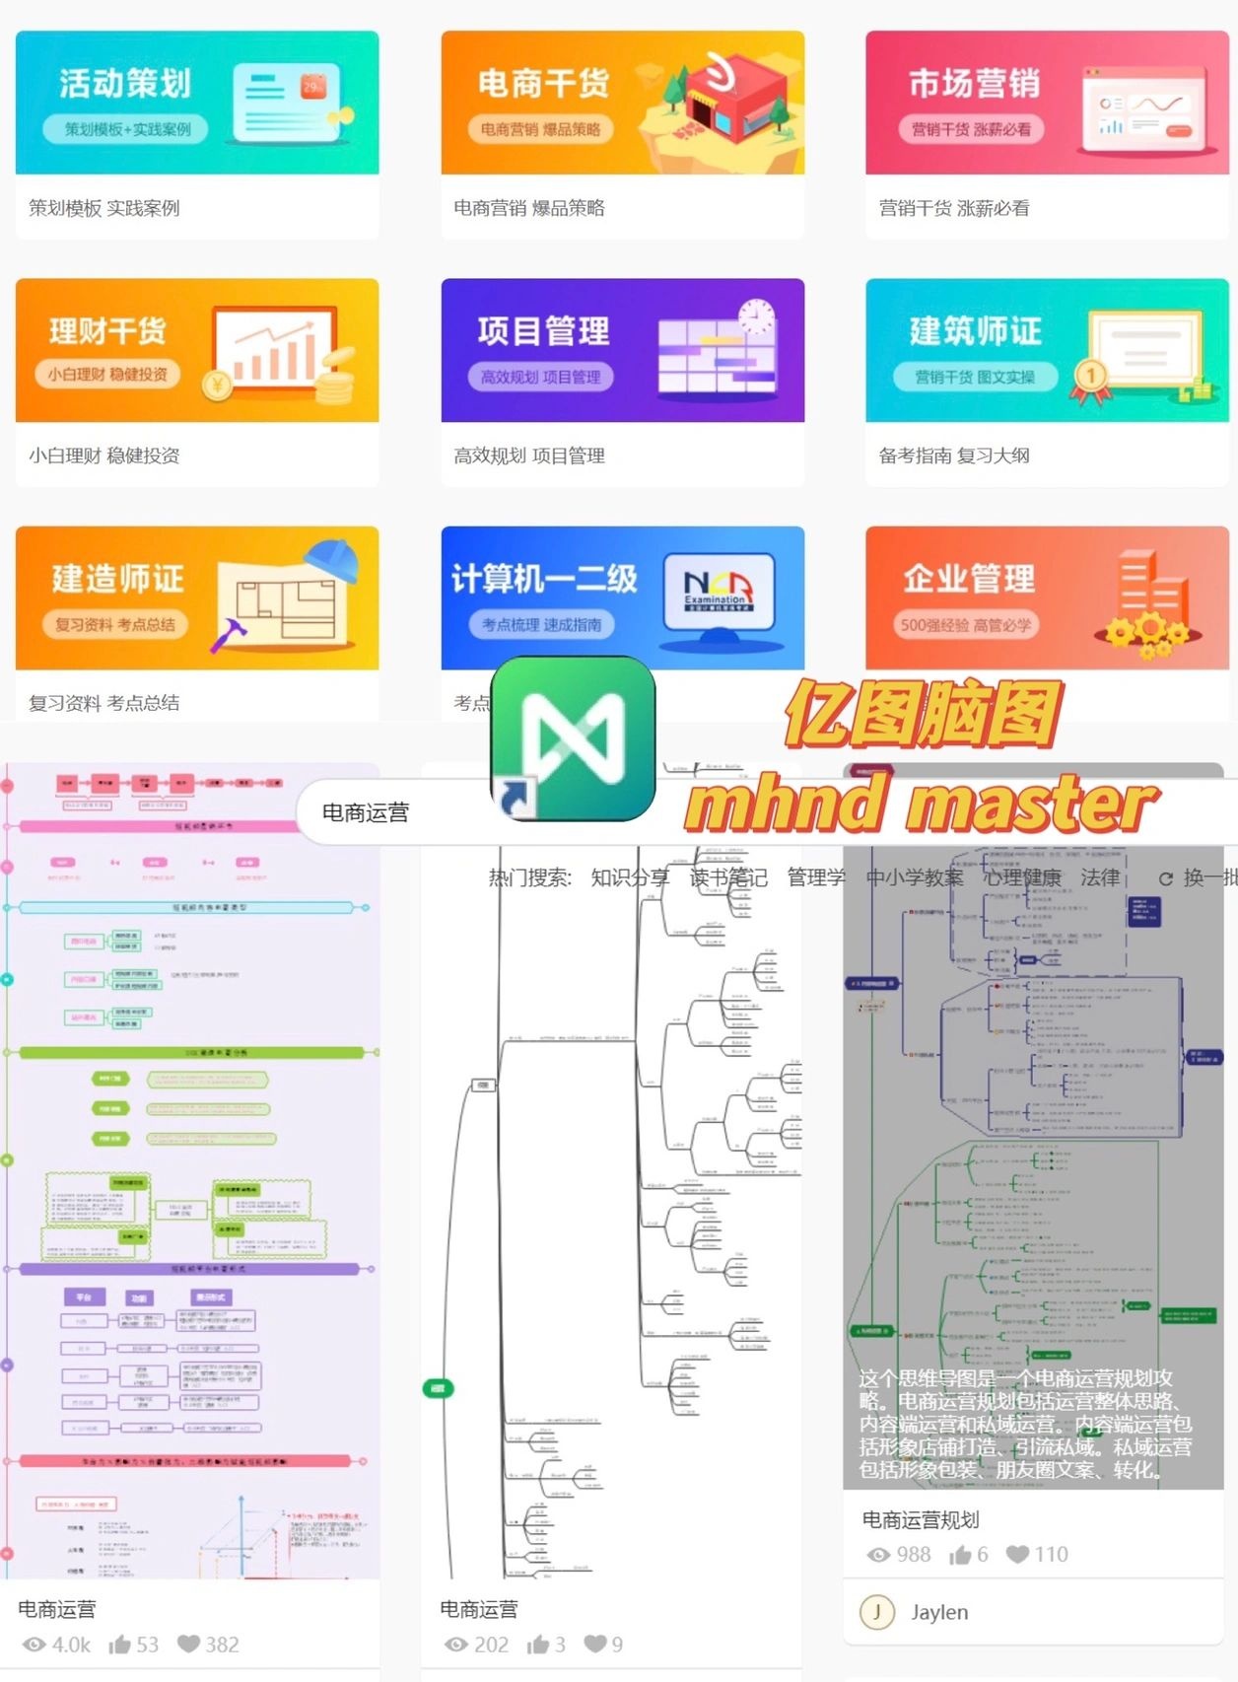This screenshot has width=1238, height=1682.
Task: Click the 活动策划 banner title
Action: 124,84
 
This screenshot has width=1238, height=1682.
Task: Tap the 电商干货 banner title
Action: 543,84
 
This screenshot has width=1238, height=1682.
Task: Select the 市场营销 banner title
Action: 974,84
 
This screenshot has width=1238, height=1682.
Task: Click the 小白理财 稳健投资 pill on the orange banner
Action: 107,375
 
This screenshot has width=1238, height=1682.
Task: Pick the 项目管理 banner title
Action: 543,331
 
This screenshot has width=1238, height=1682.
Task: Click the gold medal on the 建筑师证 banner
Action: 1090,376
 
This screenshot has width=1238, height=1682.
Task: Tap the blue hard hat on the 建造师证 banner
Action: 341,563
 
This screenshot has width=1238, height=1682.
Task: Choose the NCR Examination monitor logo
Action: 718,589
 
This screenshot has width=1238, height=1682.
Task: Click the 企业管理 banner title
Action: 969,579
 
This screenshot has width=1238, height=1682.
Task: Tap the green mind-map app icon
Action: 574,737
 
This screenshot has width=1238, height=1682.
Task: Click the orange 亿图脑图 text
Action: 923,712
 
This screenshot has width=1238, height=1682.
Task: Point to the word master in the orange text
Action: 1031,805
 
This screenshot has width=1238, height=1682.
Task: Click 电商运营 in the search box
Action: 366,812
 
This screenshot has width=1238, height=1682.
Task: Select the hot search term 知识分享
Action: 630,877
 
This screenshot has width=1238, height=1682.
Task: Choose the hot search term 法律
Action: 1100,877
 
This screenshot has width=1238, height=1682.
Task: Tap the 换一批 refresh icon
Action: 1166,878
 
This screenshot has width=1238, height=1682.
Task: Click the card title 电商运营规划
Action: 921,1519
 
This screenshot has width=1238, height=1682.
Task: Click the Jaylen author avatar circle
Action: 876,1612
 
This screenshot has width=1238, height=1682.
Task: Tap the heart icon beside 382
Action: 188,1644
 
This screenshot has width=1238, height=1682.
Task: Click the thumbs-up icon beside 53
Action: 120,1644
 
